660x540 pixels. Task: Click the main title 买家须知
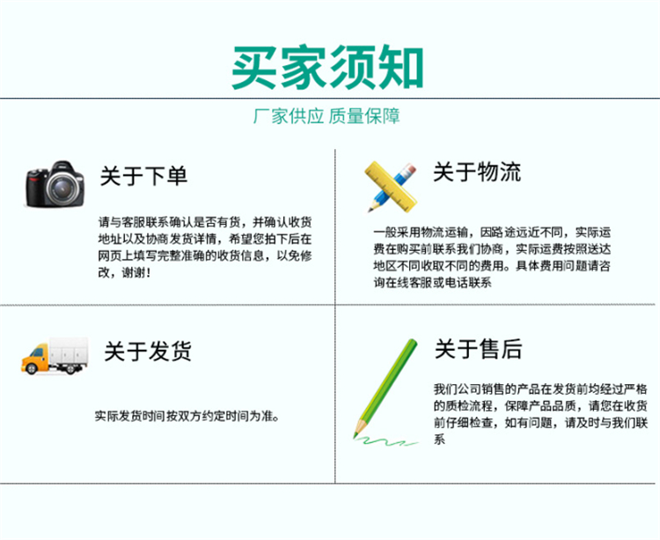327,68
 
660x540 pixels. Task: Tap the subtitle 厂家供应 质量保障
326,116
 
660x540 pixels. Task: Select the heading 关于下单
143,175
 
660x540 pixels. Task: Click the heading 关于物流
477,172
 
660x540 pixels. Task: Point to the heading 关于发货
148,351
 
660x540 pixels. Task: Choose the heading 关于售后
478,349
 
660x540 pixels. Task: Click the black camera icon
55,184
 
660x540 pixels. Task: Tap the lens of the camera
62,189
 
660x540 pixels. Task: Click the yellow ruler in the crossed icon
390,186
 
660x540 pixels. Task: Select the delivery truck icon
55,356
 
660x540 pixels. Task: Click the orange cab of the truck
35,359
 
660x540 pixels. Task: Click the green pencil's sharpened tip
356,434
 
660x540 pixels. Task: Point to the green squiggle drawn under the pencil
386,441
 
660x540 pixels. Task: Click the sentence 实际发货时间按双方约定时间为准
187,416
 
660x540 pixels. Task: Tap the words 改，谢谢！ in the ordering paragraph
124,272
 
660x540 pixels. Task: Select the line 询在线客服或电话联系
433,282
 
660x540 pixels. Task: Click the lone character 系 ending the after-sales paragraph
440,440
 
